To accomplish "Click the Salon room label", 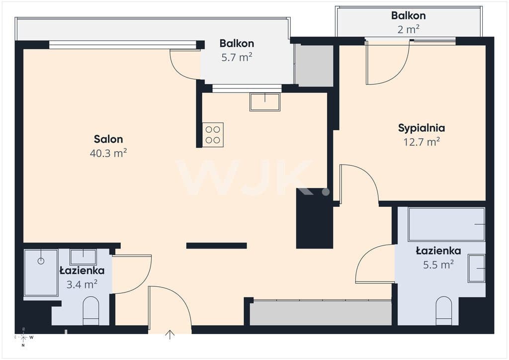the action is click(108, 139).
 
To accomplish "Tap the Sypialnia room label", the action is click(422, 128).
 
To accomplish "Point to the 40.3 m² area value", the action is click(108, 153).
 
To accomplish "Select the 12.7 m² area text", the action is click(422, 142).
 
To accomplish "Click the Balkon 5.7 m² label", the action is click(237, 50).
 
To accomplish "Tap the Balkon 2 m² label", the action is click(409, 22).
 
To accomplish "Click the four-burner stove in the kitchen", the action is click(213, 135).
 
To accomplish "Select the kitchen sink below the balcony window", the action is click(265, 102).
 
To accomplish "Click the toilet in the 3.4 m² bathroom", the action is click(91, 311).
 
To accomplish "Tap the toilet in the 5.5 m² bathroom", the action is click(444, 311).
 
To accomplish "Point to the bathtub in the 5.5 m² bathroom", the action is click(447, 224).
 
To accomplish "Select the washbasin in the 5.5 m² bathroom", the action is click(477, 269).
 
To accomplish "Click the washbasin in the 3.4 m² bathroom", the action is click(83, 257).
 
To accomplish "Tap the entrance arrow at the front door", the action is click(170, 335).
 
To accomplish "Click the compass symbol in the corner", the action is click(24, 337).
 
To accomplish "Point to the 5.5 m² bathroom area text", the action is click(438, 265).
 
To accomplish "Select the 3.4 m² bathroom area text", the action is click(82, 285).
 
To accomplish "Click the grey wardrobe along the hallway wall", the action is click(321, 313).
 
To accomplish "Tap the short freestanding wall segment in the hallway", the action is click(217, 246).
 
